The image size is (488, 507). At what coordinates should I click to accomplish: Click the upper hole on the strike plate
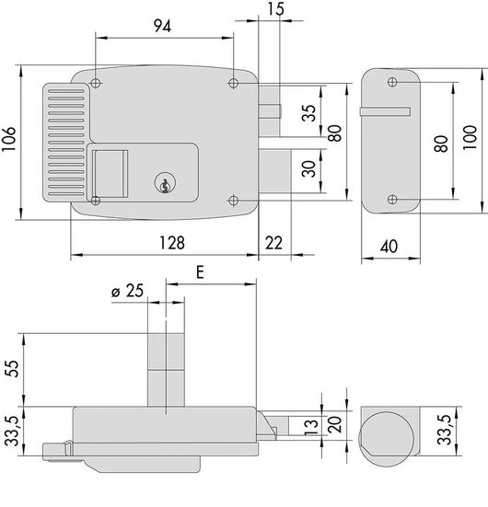point(393,84)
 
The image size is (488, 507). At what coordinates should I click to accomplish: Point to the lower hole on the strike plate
point(393,200)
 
